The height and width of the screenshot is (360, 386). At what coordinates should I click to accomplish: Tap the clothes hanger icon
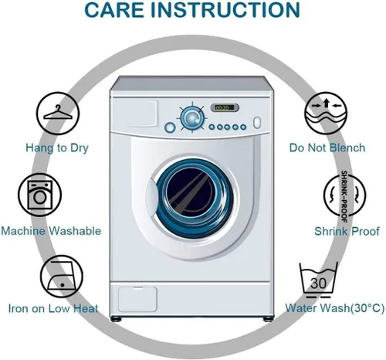coord(58,114)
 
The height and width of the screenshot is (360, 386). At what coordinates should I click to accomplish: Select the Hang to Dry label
coord(57,148)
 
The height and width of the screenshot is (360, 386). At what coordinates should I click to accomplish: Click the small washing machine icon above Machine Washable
coord(39,195)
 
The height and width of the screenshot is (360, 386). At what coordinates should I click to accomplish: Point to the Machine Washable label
coord(51,231)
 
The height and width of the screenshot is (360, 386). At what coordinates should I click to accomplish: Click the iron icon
coord(62,277)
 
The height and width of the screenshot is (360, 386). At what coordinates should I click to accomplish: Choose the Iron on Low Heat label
coord(53,308)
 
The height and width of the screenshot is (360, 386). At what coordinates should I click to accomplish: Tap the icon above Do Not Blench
coord(326,113)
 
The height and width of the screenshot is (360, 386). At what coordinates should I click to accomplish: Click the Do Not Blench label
coord(327,148)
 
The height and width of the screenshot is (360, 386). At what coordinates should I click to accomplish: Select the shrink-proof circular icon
coord(344,195)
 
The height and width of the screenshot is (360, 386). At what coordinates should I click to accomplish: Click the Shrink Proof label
coord(347,231)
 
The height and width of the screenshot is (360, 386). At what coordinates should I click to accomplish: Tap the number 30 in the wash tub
coord(318,284)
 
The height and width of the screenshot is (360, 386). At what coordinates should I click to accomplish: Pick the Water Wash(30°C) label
coord(335,308)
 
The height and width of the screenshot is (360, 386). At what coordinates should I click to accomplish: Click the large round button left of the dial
coord(170,127)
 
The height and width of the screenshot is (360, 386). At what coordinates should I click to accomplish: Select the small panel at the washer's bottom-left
coord(137,299)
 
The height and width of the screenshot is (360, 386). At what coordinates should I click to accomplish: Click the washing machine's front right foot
coord(267,319)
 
